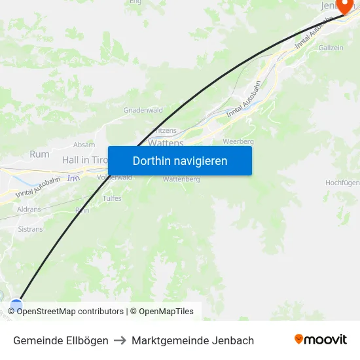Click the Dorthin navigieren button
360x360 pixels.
[x=180, y=160]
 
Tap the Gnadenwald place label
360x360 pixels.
[x=143, y=110]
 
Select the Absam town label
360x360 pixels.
[x=84, y=145]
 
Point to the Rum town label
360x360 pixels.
[x=39, y=154]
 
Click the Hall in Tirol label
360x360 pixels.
[x=84, y=160]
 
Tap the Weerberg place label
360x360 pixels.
[x=238, y=141]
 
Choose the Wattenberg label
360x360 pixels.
[x=181, y=179]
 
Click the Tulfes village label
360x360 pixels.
[x=112, y=198]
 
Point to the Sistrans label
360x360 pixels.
[x=30, y=230]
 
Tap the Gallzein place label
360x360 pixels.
[x=331, y=48]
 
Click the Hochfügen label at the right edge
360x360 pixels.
[x=342, y=183]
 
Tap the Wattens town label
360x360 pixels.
[x=166, y=142]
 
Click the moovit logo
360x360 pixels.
[x=321, y=339]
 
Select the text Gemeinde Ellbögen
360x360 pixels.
[x=61, y=340]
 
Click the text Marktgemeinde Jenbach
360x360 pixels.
[x=192, y=340]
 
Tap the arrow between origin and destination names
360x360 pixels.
[x=120, y=340]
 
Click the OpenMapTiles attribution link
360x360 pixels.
[x=166, y=312]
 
